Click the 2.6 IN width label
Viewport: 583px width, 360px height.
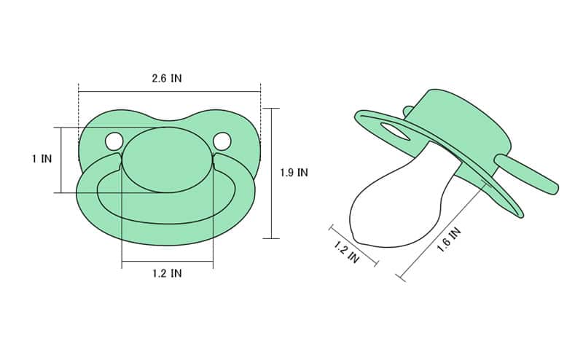point(167,78)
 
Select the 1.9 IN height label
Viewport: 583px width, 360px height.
point(294,173)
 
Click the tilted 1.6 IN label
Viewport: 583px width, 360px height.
point(449,240)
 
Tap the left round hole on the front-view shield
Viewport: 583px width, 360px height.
point(114,141)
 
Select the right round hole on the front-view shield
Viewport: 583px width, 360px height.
point(222,141)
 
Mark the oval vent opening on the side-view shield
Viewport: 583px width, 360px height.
point(394,131)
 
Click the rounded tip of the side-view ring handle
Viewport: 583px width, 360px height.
point(552,188)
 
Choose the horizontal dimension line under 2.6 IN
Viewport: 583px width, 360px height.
point(169,92)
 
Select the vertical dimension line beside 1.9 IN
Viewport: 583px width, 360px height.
point(271,173)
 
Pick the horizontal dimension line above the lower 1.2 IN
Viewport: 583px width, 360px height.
point(167,262)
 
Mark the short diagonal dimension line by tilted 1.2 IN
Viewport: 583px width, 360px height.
point(353,245)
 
